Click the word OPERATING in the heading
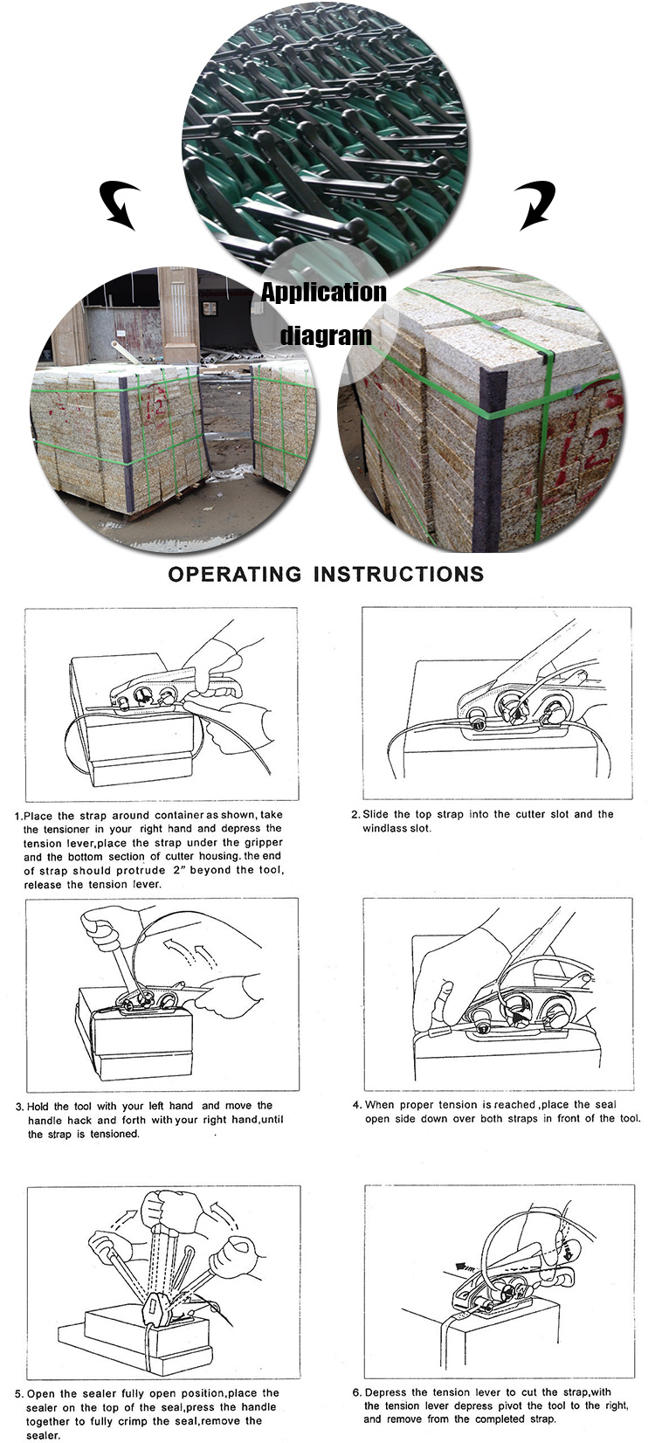(x=235, y=574)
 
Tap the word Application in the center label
(x=323, y=293)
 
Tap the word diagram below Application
(x=326, y=336)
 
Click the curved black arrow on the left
(x=118, y=204)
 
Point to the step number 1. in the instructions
(x=17, y=816)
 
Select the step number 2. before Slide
(x=355, y=814)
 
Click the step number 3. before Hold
(x=19, y=1107)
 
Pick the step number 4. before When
(x=357, y=1105)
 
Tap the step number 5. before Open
(x=19, y=1394)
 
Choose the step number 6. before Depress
(x=357, y=1392)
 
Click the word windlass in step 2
(x=384, y=828)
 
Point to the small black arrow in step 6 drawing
(x=465, y=1264)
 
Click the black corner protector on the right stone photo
(x=489, y=454)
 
